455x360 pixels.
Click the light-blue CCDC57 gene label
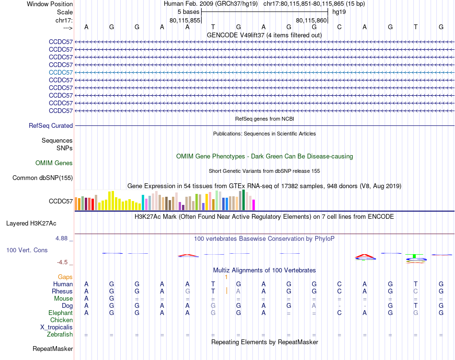[x=61, y=72]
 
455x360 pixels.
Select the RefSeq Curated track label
[x=51, y=126]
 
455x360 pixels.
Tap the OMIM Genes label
[x=54, y=163]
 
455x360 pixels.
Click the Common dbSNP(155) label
[x=43, y=178]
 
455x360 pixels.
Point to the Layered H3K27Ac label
[x=31, y=223]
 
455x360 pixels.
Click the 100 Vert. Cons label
[x=27, y=250]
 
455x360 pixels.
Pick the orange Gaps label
[x=65, y=277]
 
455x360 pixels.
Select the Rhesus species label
[x=62, y=291]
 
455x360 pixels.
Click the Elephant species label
[x=60, y=313]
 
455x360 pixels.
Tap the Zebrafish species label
[x=60, y=335]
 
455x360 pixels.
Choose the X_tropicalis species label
[x=57, y=327]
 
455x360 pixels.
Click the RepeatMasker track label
[x=53, y=349]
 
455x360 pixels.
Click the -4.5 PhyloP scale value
[x=62, y=262]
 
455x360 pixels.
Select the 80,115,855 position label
[x=185, y=20]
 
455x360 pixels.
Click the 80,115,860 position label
[x=311, y=20]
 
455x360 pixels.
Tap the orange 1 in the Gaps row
[x=226, y=277]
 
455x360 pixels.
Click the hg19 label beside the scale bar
[x=339, y=11]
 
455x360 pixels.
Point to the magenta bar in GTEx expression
[x=253, y=204]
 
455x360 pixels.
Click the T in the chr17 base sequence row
[x=213, y=27]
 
